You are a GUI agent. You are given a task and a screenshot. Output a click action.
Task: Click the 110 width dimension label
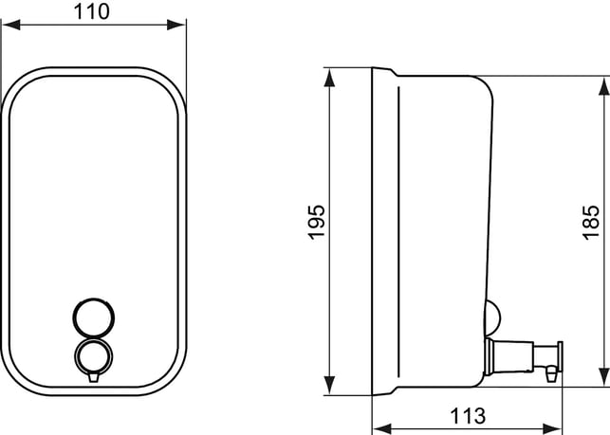click(x=92, y=11)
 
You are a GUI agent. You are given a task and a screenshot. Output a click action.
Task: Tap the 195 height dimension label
click(x=316, y=222)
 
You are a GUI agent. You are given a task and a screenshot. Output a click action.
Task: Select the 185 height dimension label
click(x=590, y=222)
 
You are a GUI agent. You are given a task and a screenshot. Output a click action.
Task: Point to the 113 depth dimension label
click(x=468, y=416)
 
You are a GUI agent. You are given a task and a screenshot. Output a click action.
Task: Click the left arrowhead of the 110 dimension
click(x=10, y=25)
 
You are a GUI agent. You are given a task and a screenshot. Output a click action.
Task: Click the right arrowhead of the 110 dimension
click(x=176, y=25)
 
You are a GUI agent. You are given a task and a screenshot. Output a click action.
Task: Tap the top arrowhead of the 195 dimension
click(x=329, y=78)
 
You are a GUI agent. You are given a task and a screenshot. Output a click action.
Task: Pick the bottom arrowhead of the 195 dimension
click(x=329, y=386)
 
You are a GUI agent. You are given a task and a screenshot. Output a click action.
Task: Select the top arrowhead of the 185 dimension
click(x=603, y=86)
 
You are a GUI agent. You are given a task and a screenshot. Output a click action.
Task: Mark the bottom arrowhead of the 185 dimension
click(x=603, y=377)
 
